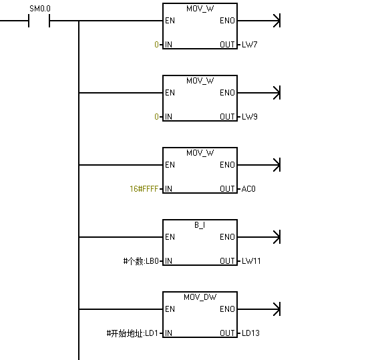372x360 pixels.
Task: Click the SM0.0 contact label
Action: pos(40,9)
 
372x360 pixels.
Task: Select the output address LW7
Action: pos(250,45)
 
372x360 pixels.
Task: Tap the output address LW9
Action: pos(250,117)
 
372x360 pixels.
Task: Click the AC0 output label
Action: pos(248,189)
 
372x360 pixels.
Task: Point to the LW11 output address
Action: pos(251,261)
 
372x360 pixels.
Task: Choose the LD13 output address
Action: pos(250,333)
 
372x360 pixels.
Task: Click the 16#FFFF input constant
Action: pos(144,189)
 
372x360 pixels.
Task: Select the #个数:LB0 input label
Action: pos(141,261)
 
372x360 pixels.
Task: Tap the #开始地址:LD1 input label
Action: pos(132,333)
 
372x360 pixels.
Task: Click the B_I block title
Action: pos(200,225)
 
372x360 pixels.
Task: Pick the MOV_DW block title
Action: pos(200,297)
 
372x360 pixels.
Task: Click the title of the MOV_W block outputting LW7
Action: pos(200,9)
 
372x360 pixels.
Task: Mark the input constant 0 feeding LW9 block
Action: pos(156,117)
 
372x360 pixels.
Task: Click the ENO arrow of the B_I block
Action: pos(259,237)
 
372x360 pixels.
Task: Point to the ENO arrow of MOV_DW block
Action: pos(259,309)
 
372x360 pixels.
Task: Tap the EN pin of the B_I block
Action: pos(170,237)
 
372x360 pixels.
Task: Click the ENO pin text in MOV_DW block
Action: pos(227,309)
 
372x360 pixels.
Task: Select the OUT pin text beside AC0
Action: pos(227,189)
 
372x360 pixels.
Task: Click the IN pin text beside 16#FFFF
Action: pos(168,189)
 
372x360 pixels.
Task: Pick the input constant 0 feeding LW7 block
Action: pos(156,45)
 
